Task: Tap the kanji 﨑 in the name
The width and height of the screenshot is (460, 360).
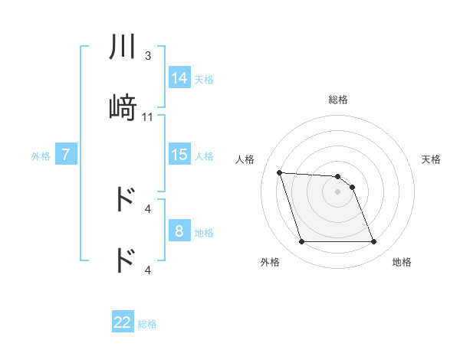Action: [123, 109]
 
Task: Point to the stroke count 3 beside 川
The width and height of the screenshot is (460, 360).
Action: [148, 56]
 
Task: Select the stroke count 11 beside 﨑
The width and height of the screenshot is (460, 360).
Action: [148, 117]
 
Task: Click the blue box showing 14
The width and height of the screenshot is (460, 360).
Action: [179, 77]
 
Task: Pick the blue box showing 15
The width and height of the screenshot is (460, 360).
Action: [179, 155]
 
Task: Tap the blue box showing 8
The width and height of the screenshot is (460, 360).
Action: [179, 231]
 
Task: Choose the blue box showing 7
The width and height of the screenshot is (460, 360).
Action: [66, 155]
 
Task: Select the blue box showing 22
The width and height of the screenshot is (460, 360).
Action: [123, 322]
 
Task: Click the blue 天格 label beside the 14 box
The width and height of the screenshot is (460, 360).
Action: [204, 79]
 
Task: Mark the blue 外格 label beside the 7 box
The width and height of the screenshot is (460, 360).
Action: [41, 156]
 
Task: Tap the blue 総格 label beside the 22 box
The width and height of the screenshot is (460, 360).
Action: [147, 324]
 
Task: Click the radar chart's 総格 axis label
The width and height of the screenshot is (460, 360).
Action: [338, 100]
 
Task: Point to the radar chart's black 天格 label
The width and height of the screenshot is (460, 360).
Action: [431, 159]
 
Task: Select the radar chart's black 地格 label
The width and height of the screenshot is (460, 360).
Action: [402, 262]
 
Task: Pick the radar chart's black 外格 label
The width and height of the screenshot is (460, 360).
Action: [270, 262]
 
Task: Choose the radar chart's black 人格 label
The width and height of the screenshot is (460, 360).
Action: [245, 159]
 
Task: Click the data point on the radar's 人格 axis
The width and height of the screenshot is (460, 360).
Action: [280, 172]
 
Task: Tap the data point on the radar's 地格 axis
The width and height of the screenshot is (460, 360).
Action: [373, 242]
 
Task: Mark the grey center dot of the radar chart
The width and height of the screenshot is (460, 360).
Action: [338, 191]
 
